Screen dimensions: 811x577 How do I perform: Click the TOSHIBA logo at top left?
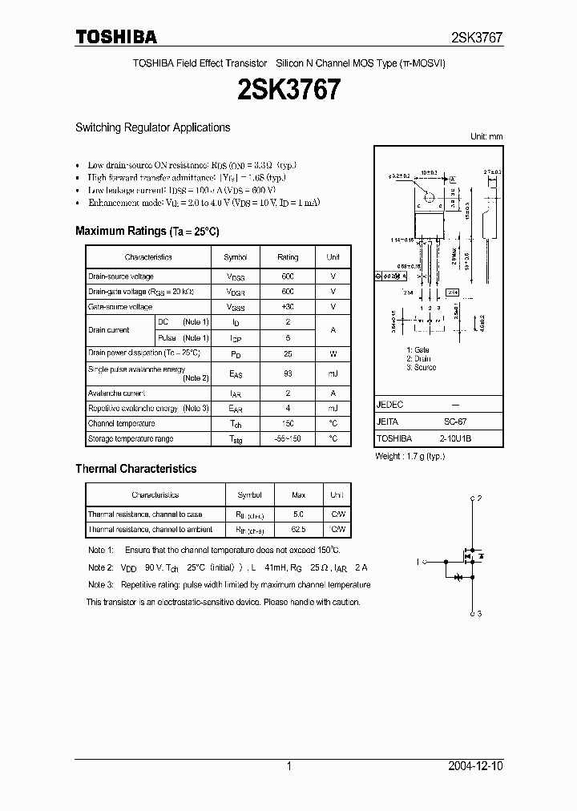[x=116, y=37]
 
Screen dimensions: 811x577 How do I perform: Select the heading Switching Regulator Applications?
[x=152, y=127]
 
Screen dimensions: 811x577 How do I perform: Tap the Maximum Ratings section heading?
[x=147, y=231]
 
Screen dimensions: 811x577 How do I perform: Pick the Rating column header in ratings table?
[x=288, y=257]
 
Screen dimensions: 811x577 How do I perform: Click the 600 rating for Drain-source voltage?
[x=288, y=276]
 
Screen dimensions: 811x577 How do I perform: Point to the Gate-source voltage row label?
[x=120, y=307]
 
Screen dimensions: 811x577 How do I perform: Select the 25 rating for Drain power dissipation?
[x=288, y=353]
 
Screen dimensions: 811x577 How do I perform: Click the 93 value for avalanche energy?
[x=288, y=373]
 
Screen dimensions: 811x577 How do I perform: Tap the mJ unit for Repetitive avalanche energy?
[x=333, y=409]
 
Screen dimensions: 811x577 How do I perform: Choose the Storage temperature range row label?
[x=130, y=439]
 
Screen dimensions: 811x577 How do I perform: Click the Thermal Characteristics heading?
[x=135, y=469]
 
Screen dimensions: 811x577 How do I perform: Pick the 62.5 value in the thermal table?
[x=298, y=530]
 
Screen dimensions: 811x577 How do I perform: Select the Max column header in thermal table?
[x=298, y=495]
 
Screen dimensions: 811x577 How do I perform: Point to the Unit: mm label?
[x=486, y=137]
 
